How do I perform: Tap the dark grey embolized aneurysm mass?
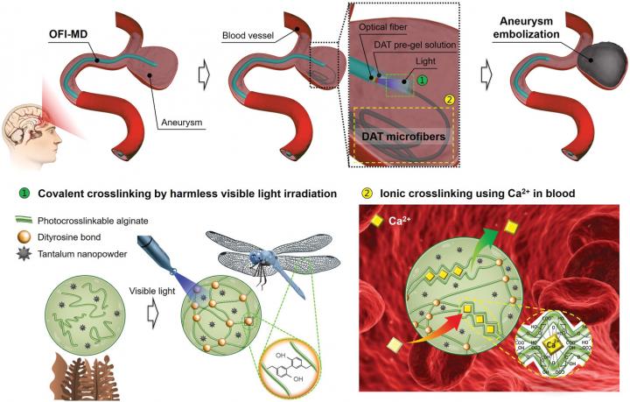589,74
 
